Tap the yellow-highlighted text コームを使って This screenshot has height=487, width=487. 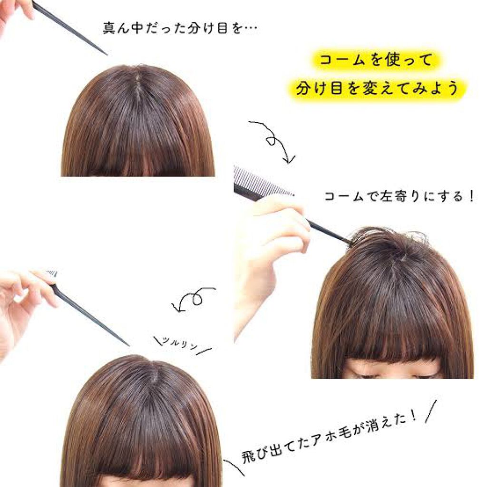coord(375,61)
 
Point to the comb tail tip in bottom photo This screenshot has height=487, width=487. coord(126,343)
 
